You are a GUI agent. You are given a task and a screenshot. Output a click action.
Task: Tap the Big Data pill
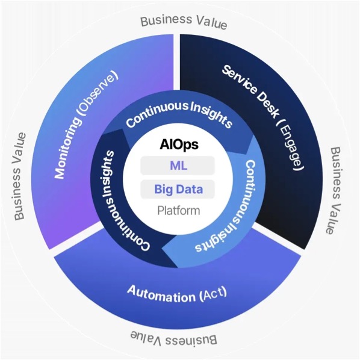point(178,190)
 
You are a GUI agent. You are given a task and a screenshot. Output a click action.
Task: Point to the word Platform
point(178,211)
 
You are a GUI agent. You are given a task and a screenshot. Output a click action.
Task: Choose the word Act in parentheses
point(213,296)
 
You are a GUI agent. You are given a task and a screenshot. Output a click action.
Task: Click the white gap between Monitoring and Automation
point(78,238)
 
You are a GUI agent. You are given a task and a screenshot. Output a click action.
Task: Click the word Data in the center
point(191,190)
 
